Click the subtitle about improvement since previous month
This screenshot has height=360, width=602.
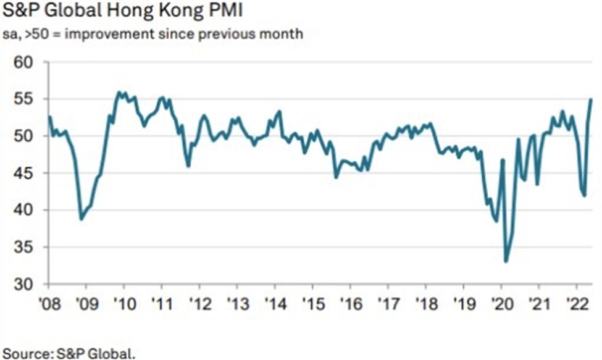point(154,33)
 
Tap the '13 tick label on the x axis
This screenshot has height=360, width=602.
point(236,305)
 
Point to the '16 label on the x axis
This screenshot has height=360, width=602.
point(349,305)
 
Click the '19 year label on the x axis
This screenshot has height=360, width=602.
point(463,305)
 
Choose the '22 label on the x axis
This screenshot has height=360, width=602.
point(576,305)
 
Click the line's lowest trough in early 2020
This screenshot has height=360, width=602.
point(506,262)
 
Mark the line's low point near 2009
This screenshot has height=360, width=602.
point(81,219)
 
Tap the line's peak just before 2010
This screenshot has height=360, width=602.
point(119,93)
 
